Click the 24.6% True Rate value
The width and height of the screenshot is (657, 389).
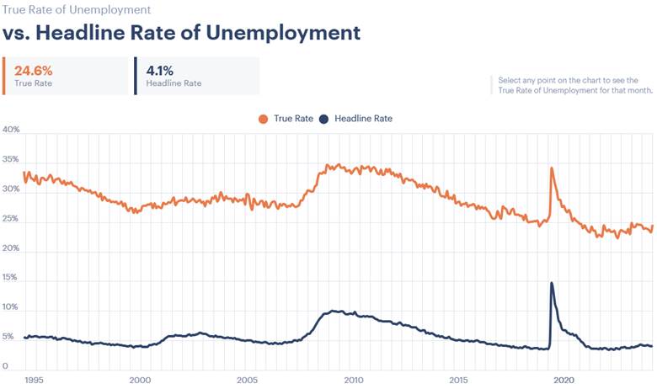click(33, 70)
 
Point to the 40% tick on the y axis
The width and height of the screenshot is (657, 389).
click(11, 131)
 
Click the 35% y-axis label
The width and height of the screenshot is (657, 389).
click(11, 160)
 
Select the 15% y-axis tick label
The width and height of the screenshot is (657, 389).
click(11, 278)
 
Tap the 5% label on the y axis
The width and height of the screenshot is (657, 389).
click(8, 338)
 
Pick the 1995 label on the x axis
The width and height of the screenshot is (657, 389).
click(35, 380)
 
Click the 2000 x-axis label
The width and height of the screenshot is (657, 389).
click(140, 380)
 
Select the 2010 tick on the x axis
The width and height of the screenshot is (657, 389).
click(352, 380)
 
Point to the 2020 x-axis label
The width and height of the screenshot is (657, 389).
click(564, 380)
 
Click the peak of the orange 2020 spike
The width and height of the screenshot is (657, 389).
click(552, 168)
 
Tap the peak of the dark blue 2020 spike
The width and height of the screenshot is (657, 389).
click(552, 283)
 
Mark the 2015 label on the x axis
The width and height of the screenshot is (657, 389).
click(458, 380)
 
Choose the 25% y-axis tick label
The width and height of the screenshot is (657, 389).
click(11, 219)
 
